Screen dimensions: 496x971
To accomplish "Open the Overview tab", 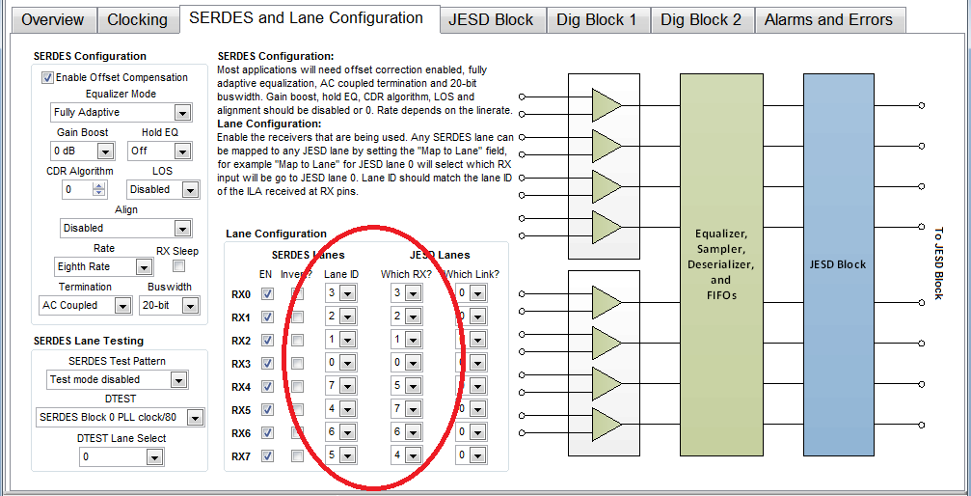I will click(52, 19).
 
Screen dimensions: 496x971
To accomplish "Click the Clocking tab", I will click(137, 19).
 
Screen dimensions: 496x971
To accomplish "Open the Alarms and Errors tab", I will click(828, 19).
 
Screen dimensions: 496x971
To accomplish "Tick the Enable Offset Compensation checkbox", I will click(47, 77).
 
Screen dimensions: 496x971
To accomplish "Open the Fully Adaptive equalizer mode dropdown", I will click(121, 113).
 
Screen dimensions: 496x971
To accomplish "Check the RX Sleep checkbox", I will click(178, 265).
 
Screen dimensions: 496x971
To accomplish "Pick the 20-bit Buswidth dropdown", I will click(167, 305).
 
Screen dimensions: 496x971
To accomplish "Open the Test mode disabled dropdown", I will click(117, 380).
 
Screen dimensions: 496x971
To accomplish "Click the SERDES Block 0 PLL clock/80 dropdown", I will click(121, 418).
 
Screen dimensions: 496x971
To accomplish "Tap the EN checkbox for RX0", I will click(268, 293).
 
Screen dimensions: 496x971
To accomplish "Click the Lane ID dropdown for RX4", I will click(341, 386).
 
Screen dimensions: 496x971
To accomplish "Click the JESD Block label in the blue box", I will click(837, 264).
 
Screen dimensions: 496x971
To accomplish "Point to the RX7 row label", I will click(241, 455).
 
